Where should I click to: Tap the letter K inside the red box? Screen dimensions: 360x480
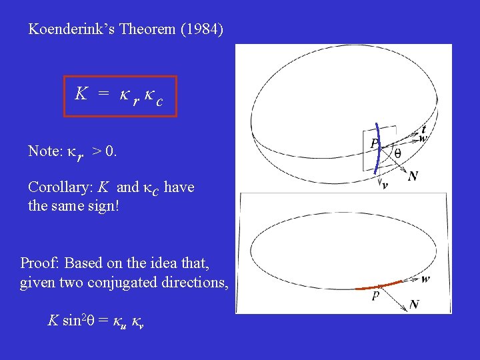81,94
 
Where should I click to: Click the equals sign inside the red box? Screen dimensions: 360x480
103,95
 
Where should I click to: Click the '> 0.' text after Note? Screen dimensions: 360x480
104,151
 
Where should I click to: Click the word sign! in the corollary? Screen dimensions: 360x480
103,205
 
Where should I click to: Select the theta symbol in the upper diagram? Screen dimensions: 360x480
397,153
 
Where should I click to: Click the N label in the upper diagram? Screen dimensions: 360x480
413,176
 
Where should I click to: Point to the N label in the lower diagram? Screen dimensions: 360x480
414,304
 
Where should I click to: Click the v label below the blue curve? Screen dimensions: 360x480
385,186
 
